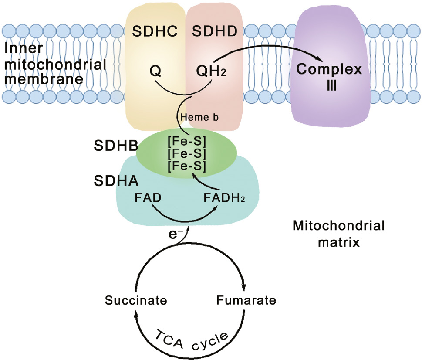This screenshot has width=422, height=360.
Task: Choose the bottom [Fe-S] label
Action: click(x=187, y=165)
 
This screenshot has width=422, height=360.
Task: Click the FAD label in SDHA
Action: click(x=148, y=198)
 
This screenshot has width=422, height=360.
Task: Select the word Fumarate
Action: click(x=246, y=301)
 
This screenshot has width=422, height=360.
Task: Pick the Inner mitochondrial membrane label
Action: click(x=54, y=65)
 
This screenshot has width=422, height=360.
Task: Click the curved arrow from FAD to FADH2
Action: click(x=185, y=218)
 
